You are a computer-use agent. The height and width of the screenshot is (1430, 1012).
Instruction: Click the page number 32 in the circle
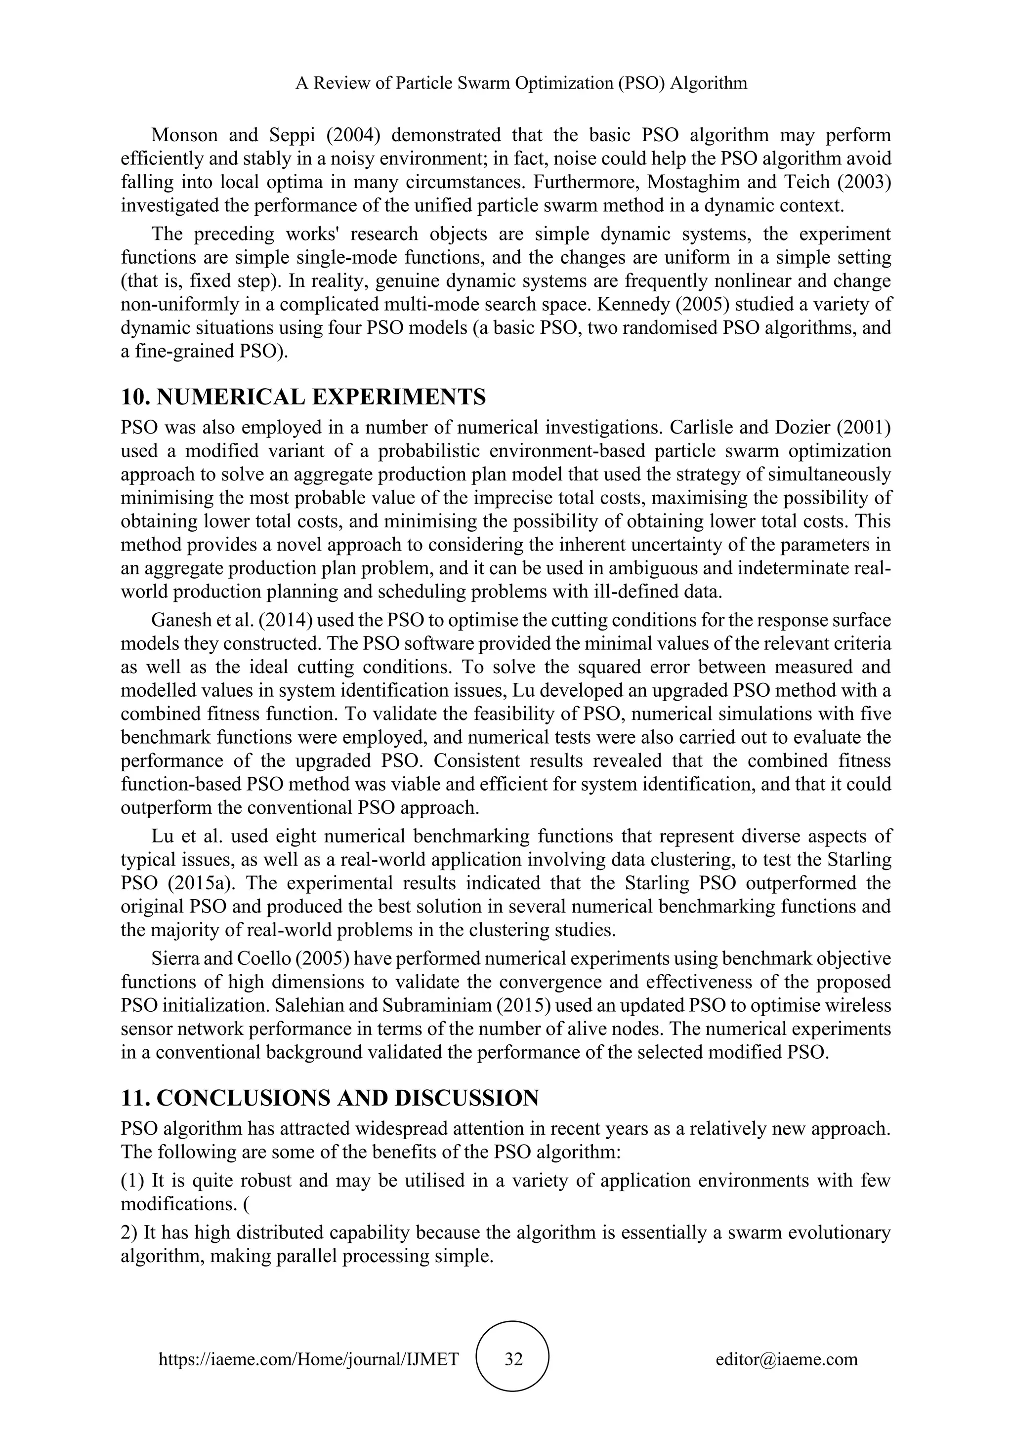513,1359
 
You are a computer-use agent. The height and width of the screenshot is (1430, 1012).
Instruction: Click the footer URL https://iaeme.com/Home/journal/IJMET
308,1359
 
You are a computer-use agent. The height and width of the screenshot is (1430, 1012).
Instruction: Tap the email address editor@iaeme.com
786,1359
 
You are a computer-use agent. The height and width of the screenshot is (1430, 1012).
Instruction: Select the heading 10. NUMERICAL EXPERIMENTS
303,397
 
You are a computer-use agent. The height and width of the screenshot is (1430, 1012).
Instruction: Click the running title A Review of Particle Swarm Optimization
521,83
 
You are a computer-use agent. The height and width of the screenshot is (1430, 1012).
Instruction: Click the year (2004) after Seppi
348,134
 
